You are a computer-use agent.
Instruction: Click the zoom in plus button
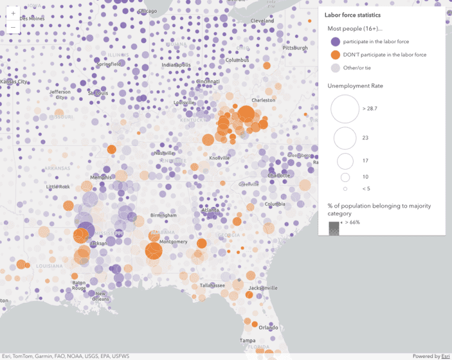pyautogui.click(x=13, y=13)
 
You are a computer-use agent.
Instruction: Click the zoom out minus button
pyautogui.click(x=13, y=28)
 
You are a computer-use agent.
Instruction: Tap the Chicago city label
pyautogui.click(x=147, y=11)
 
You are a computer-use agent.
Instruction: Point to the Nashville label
pyautogui.click(x=164, y=153)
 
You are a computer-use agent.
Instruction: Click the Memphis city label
pyautogui.click(x=101, y=177)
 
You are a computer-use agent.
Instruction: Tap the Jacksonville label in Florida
pyautogui.click(x=263, y=288)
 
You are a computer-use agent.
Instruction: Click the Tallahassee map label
pyautogui.click(x=213, y=285)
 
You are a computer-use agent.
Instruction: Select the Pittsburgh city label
pyautogui.click(x=295, y=48)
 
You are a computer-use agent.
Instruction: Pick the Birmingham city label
pyautogui.click(x=164, y=215)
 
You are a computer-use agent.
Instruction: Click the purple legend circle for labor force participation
pyautogui.click(x=335, y=42)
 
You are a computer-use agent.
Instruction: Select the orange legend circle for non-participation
pyautogui.click(x=335, y=55)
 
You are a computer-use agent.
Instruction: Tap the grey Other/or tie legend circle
pyautogui.click(x=335, y=68)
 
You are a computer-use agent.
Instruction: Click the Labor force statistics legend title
pyautogui.click(x=352, y=15)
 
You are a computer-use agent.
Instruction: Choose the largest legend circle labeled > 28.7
pyautogui.click(x=345, y=109)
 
